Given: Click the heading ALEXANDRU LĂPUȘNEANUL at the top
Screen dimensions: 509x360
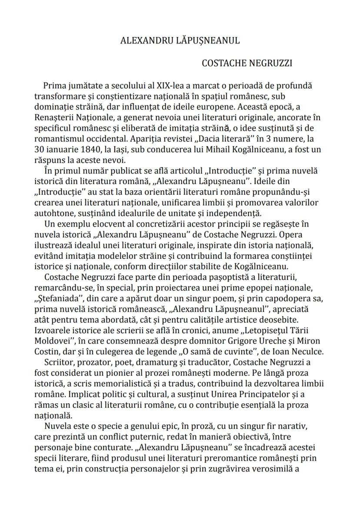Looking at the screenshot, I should click(180, 41).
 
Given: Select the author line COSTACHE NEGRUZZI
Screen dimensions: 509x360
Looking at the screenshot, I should click(247, 64).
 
